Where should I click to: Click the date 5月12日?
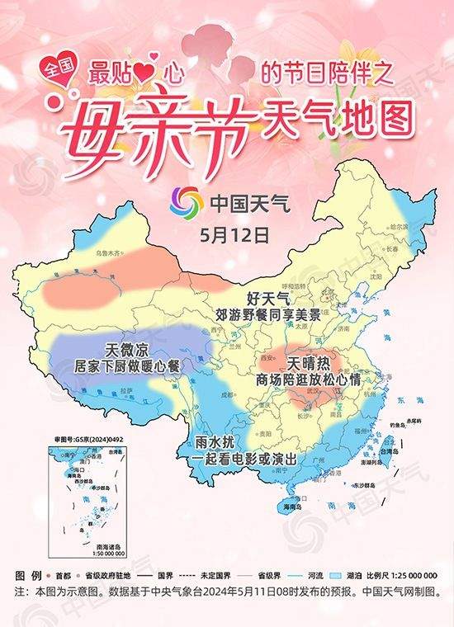pyautogui.click(x=234, y=233)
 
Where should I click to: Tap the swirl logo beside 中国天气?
pyautogui.click(x=187, y=203)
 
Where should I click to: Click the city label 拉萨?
pyautogui.click(x=126, y=389)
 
